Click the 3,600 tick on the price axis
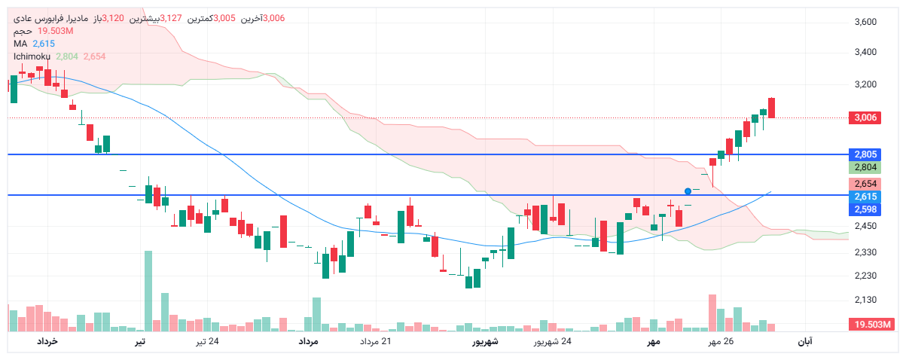point(866,22)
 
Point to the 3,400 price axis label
point(866,52)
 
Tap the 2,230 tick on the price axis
point(866,276)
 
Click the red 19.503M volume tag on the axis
point(871,324)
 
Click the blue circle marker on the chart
point(688,191)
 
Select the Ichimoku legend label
point(32,56)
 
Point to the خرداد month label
point(47,342)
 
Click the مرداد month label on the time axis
point(309,342)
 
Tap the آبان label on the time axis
point(804,342)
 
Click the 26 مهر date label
point(719,342)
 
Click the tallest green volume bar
point(148,291)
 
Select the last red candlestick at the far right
point(772,108)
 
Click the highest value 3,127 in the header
point(171,18)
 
